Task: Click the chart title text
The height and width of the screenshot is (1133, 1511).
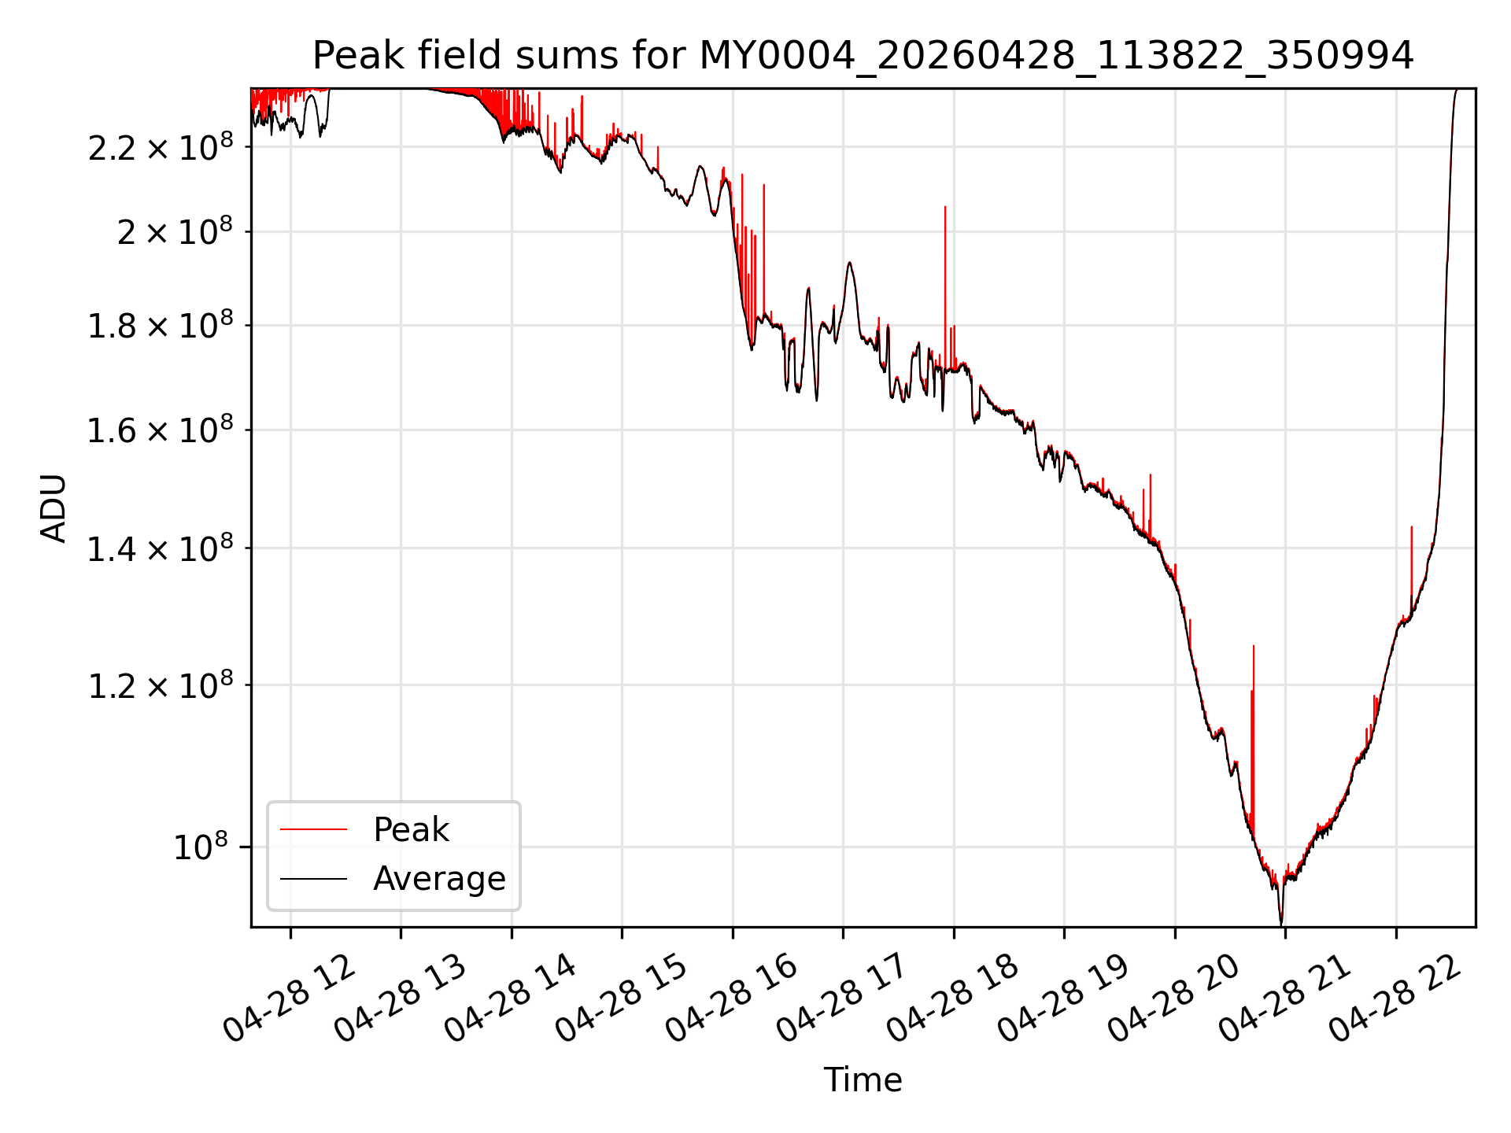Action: (x=863, y=56)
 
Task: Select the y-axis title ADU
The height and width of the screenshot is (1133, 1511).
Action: (x=54, y=508)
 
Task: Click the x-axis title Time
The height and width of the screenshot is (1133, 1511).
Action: (x=863, y=1079)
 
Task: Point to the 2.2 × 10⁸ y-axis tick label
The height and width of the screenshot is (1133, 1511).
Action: (x=161, y=146)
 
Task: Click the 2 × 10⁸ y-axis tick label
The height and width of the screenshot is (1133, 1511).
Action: (x=175, y=231)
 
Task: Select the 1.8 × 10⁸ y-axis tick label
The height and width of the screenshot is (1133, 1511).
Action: (x=161, y=325)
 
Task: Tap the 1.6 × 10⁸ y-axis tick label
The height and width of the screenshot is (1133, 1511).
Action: (x=161, y=430)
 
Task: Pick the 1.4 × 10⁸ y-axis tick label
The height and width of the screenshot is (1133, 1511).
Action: (x=161, y=548)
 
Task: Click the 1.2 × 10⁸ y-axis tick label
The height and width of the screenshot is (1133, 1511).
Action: (x=161, y=685)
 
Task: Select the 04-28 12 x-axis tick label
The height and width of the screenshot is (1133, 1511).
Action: (x=290, y=998)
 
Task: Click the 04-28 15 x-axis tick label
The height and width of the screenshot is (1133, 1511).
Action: (x=622, y=998)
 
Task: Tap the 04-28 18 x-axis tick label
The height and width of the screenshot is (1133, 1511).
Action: (x=954, y=998)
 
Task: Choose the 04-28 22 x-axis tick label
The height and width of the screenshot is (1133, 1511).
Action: (x=1396, y=998)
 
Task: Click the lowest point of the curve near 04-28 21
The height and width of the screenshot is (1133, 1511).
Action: (x=1281, y=924)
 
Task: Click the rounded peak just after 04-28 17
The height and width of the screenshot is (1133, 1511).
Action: (x=849, y=263)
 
